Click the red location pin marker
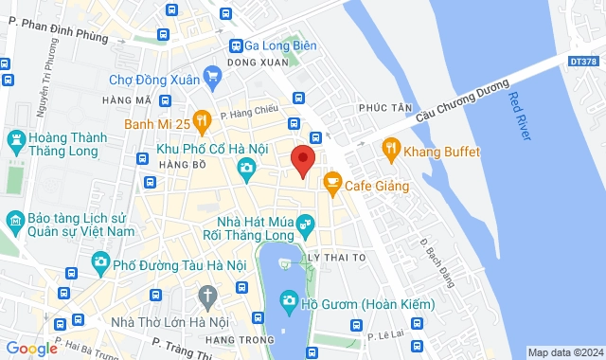(x=302, y=160)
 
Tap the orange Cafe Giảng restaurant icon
(x=331, y=180)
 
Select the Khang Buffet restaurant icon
(x=389, y=150)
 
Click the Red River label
(x=520, y=116)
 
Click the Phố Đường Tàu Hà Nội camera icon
(x=99, y=261)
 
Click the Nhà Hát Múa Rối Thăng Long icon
(x=304, y=225)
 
